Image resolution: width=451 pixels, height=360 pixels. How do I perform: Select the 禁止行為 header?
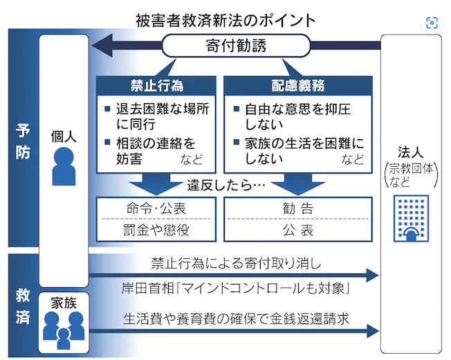click(156, 87)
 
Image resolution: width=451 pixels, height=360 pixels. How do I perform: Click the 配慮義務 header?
click(297, 87)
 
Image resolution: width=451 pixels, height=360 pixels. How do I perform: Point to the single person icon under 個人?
click(64, 166)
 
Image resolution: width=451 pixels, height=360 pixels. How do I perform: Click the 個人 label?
click(64, 136)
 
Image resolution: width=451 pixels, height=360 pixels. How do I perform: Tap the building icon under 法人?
click(411, 218)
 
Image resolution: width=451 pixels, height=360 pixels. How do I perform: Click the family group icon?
click(63, 329)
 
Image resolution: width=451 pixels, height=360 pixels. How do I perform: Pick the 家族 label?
click(63, 301)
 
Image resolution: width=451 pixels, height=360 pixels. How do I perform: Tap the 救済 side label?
click(22, 305)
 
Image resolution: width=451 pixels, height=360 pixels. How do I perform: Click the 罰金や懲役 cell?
click(156, 231)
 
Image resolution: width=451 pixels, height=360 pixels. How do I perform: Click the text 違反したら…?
click(226, 186)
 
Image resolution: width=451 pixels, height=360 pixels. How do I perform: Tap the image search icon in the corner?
click(432, 22)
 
